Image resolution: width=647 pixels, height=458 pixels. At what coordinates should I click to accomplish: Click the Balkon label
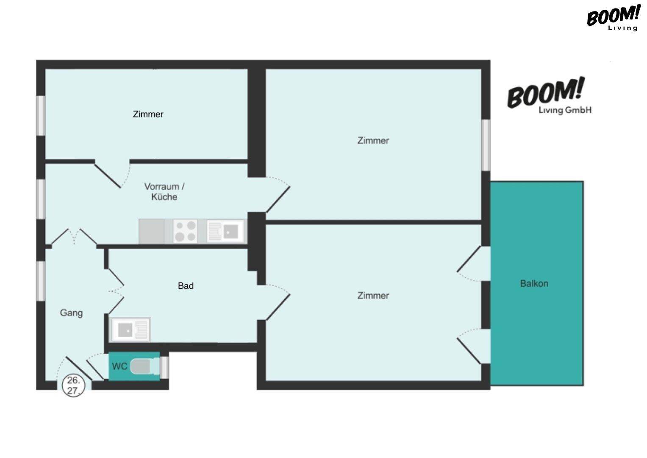[534, 283]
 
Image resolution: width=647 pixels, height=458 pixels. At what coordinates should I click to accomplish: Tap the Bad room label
[186, 286]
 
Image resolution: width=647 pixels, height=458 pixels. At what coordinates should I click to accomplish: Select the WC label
[119, 366]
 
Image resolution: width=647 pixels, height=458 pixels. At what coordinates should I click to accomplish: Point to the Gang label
[71, 313]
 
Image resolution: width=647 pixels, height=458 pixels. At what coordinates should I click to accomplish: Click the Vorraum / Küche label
[164, 192]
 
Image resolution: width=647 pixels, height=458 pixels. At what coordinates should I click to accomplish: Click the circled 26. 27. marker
[74, 385]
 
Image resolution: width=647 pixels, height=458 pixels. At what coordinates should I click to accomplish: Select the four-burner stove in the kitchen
[185, 231]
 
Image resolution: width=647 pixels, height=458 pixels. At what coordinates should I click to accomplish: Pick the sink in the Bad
[131, 330]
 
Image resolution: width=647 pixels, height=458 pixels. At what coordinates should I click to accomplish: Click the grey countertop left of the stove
[152, 231]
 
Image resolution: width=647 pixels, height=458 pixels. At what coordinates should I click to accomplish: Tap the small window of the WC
[164, 367]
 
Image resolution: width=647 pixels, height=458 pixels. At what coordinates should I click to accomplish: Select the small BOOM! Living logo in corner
[614, 18]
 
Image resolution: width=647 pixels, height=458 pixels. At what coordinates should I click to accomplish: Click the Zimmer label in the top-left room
[148, 114]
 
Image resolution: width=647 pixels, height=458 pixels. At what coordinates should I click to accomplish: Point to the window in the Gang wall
[41, 281]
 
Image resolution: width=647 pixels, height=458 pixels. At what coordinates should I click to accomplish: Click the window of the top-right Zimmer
[486, 145]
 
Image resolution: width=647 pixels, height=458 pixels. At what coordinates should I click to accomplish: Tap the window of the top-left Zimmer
[41, 115]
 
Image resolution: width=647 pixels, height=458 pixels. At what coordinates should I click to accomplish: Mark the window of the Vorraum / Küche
[41, 199]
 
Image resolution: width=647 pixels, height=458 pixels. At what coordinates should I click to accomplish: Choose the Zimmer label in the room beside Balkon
[373, 296]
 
